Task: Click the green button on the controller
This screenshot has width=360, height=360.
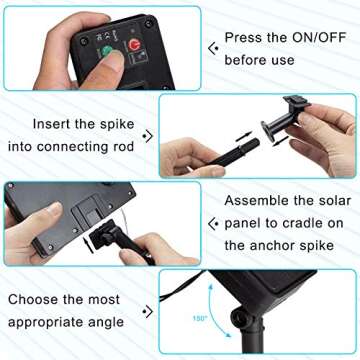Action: click(x=107, y=50)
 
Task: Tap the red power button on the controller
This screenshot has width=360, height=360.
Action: click(x=135, y=45)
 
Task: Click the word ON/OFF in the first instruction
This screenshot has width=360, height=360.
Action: click(x=319, y=38)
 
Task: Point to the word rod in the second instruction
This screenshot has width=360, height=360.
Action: click(x=122, y=147)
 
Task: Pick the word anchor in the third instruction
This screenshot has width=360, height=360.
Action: click(x=272, y=246)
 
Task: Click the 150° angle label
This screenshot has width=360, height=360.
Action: click(x=200, y=318)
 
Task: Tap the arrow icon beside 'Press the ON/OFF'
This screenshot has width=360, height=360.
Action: click(x=214, y=48)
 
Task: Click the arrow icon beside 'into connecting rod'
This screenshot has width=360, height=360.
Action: click(x=148, y=136)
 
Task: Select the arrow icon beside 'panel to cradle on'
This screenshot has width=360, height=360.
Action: click(x=214, y=223)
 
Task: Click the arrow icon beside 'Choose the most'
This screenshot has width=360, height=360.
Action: click(x=148, y=312)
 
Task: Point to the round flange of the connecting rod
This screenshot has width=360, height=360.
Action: click(x=267, y=131)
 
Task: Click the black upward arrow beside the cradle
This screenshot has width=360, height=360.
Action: click(x=88, y=244)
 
